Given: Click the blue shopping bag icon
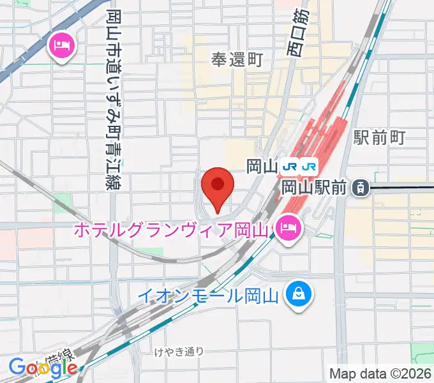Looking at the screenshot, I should (x=297, y=295).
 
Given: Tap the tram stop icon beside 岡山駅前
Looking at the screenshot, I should (x=361, y=187).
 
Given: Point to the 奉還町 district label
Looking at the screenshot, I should (x=237, y=60).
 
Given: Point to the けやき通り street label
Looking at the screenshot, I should (x=179, y=350).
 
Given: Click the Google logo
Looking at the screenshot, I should (x=43, y=367).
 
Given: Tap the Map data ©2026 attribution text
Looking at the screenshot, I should (x=380, y=373).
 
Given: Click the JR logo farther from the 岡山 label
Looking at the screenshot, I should (x=310, y=167).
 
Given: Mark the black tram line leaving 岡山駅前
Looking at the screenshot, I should (x=402, y=187).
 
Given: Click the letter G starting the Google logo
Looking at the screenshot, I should (x=17, y=367).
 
